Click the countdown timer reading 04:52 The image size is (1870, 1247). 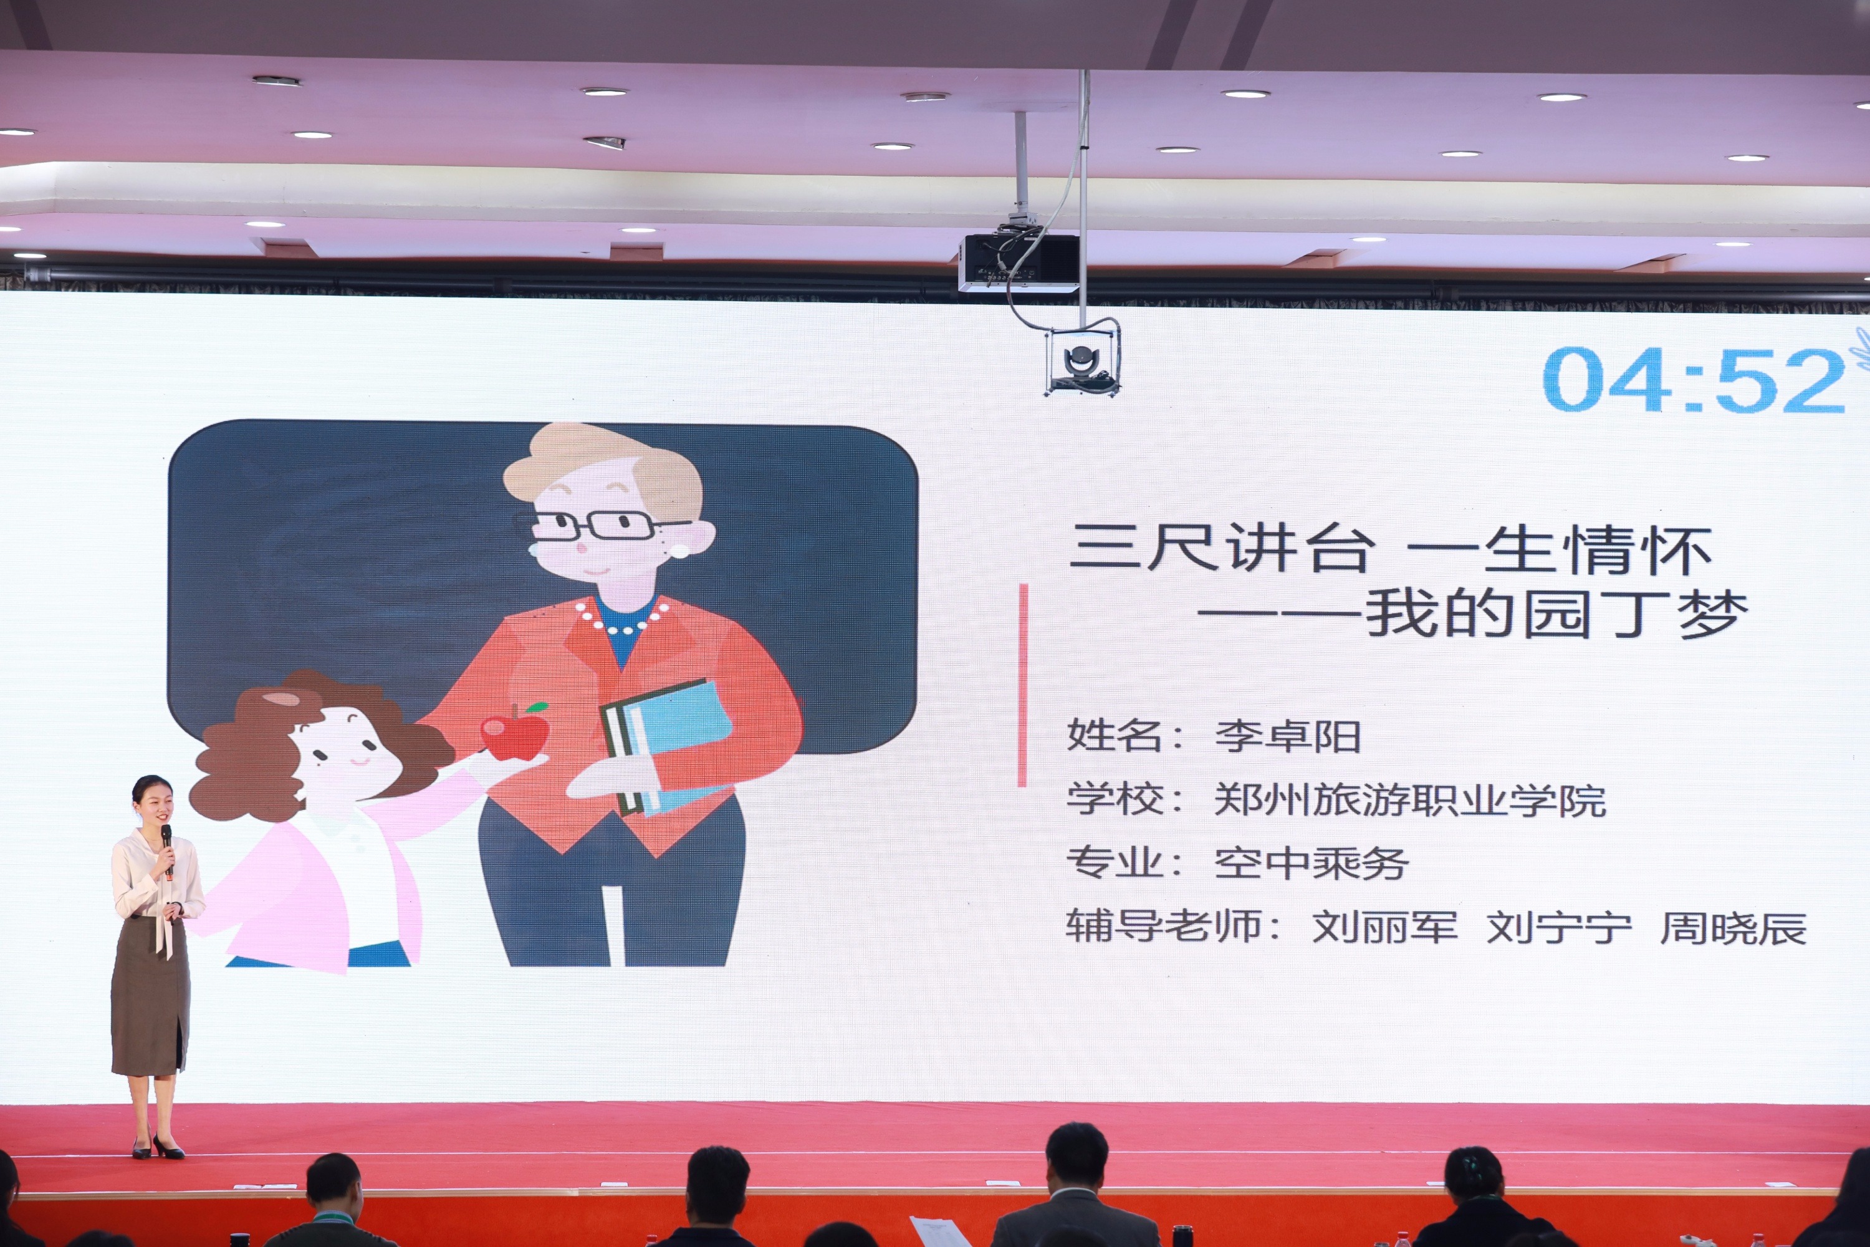[1694, 380]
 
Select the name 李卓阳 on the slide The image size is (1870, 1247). [1288, 736]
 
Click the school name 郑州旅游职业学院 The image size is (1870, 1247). [1409, 799]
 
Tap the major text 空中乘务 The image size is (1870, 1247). [1312, 863]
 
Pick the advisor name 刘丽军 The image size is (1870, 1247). [1384, 927]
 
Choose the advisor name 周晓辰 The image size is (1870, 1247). [1733, 927]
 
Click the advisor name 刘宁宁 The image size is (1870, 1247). [1559, 927]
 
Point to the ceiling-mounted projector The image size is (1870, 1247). [1019, 261]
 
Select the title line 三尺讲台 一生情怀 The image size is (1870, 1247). [1391, 548]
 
